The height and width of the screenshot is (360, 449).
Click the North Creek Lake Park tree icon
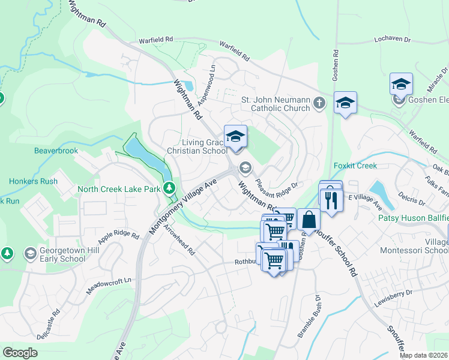pos(170,188)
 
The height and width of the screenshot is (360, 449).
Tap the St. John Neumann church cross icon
pos(319,103)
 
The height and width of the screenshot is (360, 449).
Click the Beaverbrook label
pos(56,151)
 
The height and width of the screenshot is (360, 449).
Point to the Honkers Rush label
pos(33,181)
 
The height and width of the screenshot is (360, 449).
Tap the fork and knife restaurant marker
pos(331,200)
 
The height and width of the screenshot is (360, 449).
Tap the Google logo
pos(20,353)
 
